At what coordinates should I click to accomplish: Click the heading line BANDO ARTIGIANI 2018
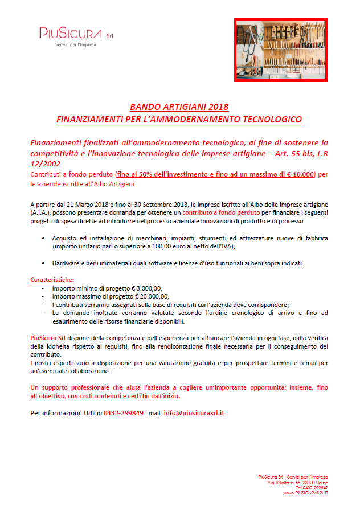click(179, 107)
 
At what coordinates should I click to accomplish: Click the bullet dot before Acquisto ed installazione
click(44, 237)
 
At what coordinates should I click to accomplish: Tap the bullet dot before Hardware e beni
click(44, 263)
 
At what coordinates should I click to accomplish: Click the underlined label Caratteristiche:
click(52, 280)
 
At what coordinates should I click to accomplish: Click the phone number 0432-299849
click(124, 412)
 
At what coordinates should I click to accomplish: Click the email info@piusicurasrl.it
click(194, 412)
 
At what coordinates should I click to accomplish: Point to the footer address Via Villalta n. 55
click(286, 483)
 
